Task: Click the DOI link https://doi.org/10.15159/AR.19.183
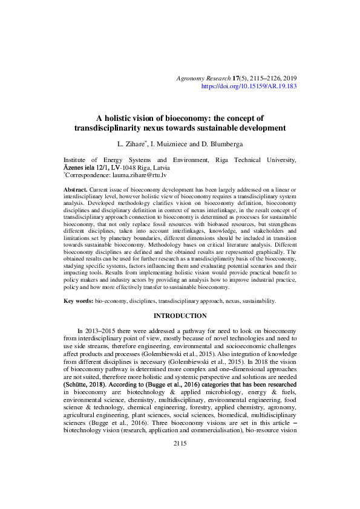(x=248, y=87)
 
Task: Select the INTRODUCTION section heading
(x=180, y=316)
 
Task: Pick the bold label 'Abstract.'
(x=76, y=190)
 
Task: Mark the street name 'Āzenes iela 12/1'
(x=86, y=167)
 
